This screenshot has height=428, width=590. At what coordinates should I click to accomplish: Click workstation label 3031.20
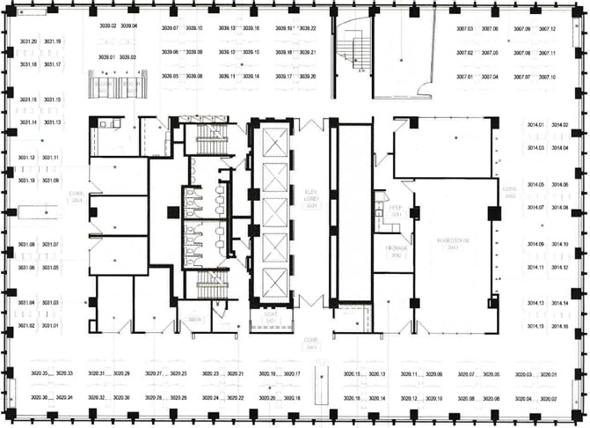(27, 41)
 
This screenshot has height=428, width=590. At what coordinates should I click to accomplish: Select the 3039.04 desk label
(129, 26)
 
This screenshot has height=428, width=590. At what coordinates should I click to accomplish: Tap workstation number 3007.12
(547, 29)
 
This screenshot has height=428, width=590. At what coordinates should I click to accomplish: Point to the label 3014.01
(535, 125)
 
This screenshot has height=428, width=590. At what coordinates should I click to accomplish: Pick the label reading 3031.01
(50, 326)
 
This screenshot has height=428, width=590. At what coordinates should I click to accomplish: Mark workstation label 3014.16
(560, 327)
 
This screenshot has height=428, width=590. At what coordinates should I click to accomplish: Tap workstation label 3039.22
(307, 28)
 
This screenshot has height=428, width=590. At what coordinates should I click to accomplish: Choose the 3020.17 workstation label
(292, 374)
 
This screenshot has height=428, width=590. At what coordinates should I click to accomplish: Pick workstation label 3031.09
(50, 181)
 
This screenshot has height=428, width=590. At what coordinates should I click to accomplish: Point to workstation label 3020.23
(210, 374)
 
